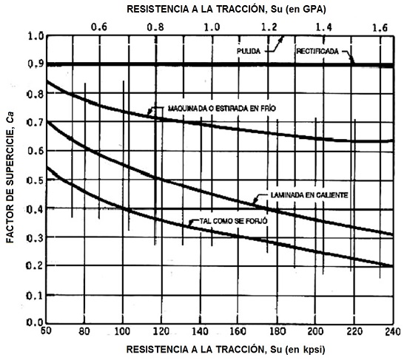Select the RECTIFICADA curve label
coord(318,52)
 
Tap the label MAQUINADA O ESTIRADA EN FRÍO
coord(212,108)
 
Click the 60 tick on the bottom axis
coord(46,331)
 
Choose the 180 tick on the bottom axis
coord(277,331)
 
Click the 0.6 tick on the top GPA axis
coord(98,26)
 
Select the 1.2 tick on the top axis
coord(269,26)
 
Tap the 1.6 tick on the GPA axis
coord(381,26)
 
